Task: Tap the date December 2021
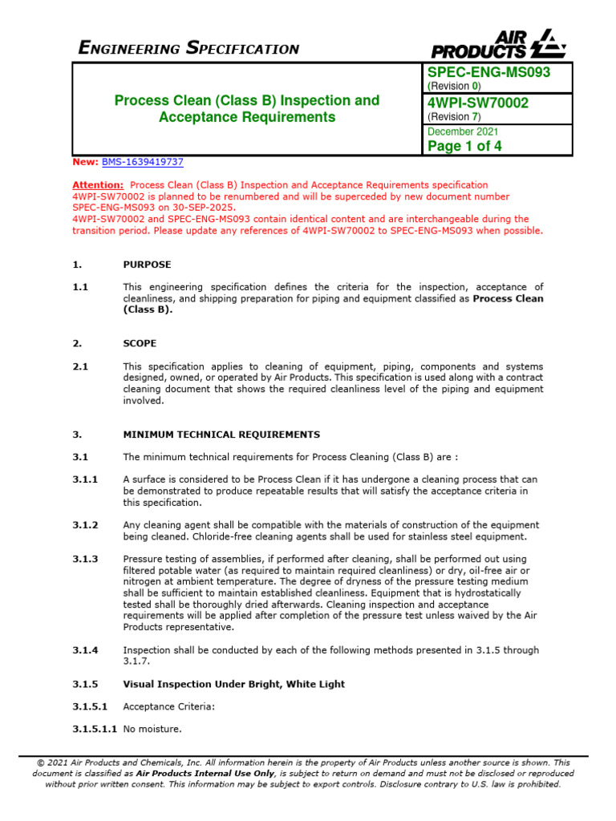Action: point(463,131)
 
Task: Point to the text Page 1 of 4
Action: point(464,146)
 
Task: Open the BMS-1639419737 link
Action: point(143,162)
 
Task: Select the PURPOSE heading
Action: point(147,265)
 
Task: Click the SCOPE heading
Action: point(140,342)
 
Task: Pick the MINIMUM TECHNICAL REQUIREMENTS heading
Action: point(221,435)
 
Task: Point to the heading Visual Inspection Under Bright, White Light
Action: point(233,684)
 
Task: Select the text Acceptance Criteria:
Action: point(169,706)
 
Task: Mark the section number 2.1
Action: point(80,366)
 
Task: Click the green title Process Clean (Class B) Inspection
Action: point(247,101)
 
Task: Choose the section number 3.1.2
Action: point(85,525)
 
